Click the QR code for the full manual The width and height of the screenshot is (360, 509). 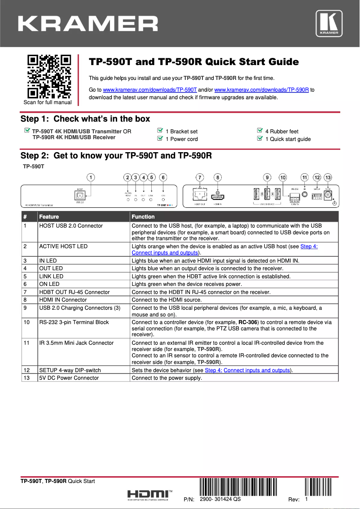[x=49, y=76]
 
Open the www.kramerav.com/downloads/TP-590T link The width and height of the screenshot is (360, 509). [x=150, y=90]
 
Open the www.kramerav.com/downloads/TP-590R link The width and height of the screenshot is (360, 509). [x=262, y=90]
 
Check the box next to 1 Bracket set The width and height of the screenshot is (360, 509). [x=160, y=131]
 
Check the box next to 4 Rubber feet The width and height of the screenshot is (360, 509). [x=259, y=131]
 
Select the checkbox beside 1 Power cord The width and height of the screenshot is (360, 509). [x=160, y=139]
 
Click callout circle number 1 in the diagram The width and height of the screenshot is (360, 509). [x=91, y=177]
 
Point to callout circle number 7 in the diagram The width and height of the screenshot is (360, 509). [x=200, y=177]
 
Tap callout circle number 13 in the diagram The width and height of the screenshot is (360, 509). [x=328, y=177]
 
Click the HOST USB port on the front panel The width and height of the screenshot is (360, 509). [x=79, y=196]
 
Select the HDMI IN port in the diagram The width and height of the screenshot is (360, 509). [x=218, y=196]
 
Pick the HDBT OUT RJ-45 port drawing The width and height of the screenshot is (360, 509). [x=200, y=195]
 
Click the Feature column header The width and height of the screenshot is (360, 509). [x=49, y=217]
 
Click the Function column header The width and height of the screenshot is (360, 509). [x=143, y=217]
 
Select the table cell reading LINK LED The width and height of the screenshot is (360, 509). [x=51, y=276]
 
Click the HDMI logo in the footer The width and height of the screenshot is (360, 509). [x=148, y=494]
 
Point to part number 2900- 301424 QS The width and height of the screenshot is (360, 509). [x=220, y=500]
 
